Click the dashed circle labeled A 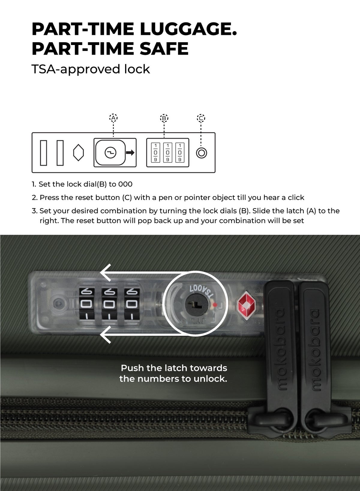113,118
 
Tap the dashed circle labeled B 164,118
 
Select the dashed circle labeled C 201,118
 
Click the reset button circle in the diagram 202,153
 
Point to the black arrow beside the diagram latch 130,152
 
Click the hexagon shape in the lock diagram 78,152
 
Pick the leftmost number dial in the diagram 156,152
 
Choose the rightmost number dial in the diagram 180,152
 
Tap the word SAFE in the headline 164,48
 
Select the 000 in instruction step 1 125,184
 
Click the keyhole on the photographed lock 196,305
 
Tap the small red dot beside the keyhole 215,305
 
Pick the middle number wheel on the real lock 109,304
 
